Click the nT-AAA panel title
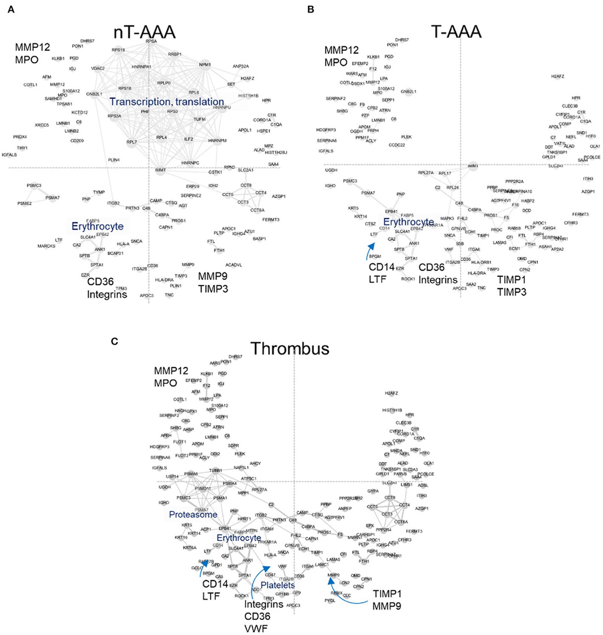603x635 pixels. click(x=144, y=33)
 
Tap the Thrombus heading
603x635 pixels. click(x=290, y=349)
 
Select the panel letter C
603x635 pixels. click(x=114, y=341)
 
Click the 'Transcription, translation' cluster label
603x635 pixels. click(x=166, y=102)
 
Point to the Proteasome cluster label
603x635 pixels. click(x=193, y=515)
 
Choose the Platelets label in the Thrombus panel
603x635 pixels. click(x=277, y=585)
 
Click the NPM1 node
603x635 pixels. click(x=205, y=65)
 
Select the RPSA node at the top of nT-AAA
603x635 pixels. click(x=151, y=41)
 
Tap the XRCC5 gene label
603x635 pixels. click(x=42, y=125)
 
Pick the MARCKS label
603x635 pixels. click(x=46, y=246)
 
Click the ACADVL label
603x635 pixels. click(x=233, y=265)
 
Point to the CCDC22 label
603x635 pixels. click(x=397, y=145)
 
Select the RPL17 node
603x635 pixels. click(x=444, y=173)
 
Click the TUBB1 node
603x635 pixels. click(x=215, y=470)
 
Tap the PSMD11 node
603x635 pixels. click(x=203, y=489)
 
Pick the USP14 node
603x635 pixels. click(x=172, y=477)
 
